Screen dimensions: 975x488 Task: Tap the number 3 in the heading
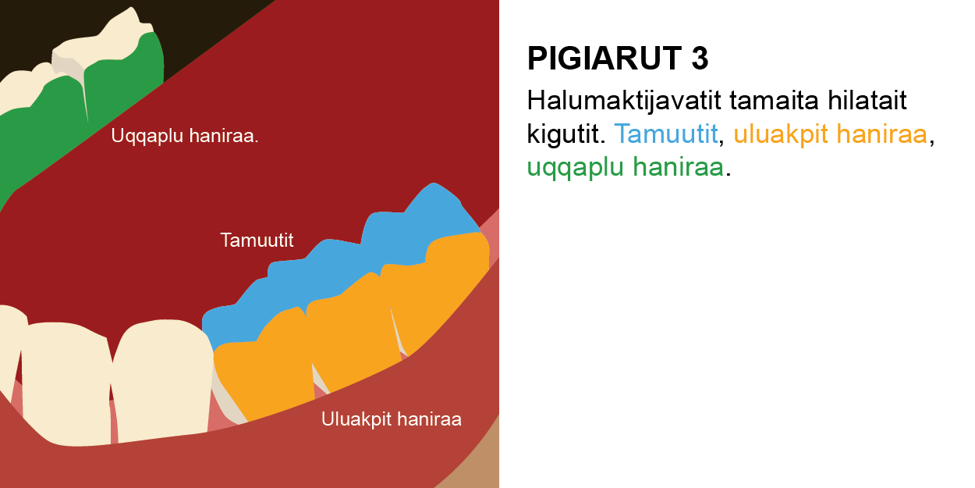700,59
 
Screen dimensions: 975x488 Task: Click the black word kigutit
565,134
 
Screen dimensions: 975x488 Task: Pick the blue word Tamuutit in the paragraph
665,134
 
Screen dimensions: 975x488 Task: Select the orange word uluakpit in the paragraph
781,134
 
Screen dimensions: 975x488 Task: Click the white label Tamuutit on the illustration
257,240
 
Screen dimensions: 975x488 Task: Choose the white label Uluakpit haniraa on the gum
392,419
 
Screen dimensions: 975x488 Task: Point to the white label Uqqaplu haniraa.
185,136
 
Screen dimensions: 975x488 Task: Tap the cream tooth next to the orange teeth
163,379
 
